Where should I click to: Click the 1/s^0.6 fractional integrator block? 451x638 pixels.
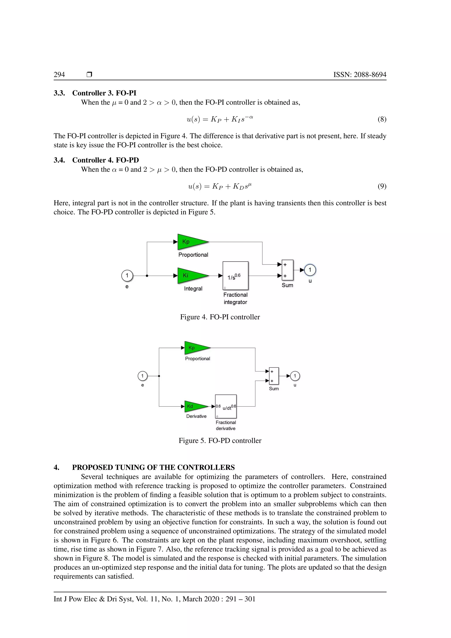point(235,276)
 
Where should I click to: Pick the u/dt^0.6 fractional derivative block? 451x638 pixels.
point(226,406)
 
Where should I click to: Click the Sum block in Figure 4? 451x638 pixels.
point(287,270)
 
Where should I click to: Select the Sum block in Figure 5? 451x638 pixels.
point(274,376)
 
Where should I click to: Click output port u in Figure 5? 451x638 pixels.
point(295,376)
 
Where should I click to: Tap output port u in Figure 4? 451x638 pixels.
point(310,270)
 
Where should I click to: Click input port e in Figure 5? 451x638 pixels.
point(142,376)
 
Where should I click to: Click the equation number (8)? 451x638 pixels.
point(382,119)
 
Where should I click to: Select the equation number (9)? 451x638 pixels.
point(382,186)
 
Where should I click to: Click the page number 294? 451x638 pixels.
point(59,74)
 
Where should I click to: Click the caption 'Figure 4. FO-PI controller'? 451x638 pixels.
point(220,317)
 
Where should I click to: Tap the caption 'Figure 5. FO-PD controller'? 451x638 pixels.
point(220,441)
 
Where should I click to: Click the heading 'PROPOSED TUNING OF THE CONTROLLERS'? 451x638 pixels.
point(153,467)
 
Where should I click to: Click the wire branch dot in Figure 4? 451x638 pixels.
point(147,276)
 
